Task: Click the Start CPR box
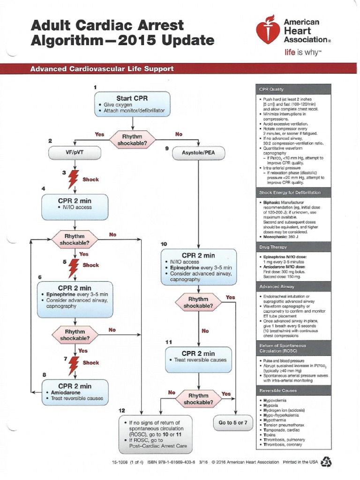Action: point(133,104)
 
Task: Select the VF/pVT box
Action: point(75,152)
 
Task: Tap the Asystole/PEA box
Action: point(199,152)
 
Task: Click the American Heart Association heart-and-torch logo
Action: point(268,32)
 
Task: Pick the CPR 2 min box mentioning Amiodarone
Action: point(75,392)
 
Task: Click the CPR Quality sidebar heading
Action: point(293,89)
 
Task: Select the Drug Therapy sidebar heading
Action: point(293,246)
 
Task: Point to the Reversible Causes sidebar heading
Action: point(293,390)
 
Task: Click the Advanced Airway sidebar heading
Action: point(293,286)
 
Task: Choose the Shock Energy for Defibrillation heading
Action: point(293,193)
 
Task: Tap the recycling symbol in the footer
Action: point(324,462)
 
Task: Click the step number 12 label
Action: point(121,410)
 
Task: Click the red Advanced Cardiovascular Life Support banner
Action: point(180,69)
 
